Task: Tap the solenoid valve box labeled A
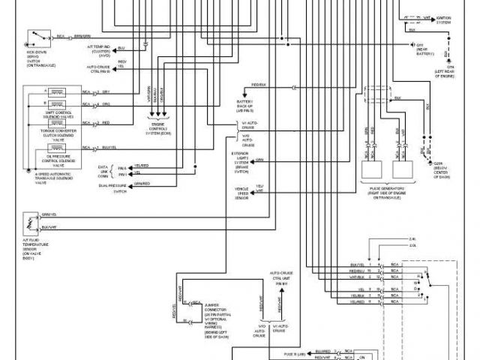tap(55, 91)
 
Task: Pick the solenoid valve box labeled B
tap(55, 106)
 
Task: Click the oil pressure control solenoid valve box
tap(55, 148)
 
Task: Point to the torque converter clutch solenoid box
tap(55, 121)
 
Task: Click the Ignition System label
tap(445, 21)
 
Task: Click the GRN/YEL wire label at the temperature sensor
tap(49, 214)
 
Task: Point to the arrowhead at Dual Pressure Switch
tap(130, 184)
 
